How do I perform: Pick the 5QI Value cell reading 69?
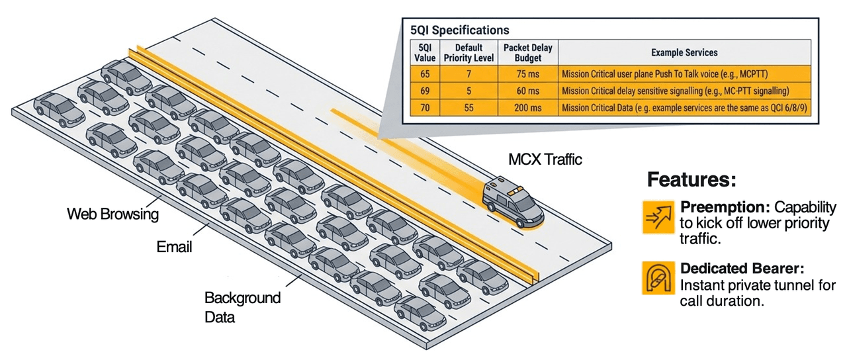tap(423, 91)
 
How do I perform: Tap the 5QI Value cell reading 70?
tap(423, 107)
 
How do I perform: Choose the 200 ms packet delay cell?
tap(527, 107)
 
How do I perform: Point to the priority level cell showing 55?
tap(468, 107)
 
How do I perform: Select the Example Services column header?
tap(684, 52)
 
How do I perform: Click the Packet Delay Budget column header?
tap(527, 52)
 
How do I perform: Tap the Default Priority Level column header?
tap(468, 52)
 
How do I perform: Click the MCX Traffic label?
tap(545, 159)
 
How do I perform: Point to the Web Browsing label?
tap(113, 214)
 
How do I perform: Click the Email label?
tap(174, 247)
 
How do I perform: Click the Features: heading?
tap(691, 180)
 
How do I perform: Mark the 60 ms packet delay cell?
tap(527, 91)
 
